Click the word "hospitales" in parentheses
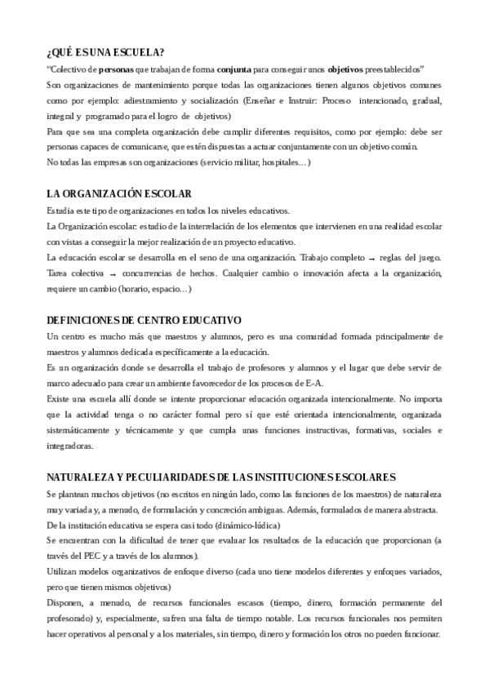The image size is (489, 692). [x=282, y=162]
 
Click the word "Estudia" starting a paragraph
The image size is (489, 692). [x=62, y=211]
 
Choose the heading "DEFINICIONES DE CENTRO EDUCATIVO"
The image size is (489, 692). [x=144, y=319]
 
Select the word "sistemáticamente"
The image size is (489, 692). [x=80, y=430]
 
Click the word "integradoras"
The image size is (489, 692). [x=70, y=446]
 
